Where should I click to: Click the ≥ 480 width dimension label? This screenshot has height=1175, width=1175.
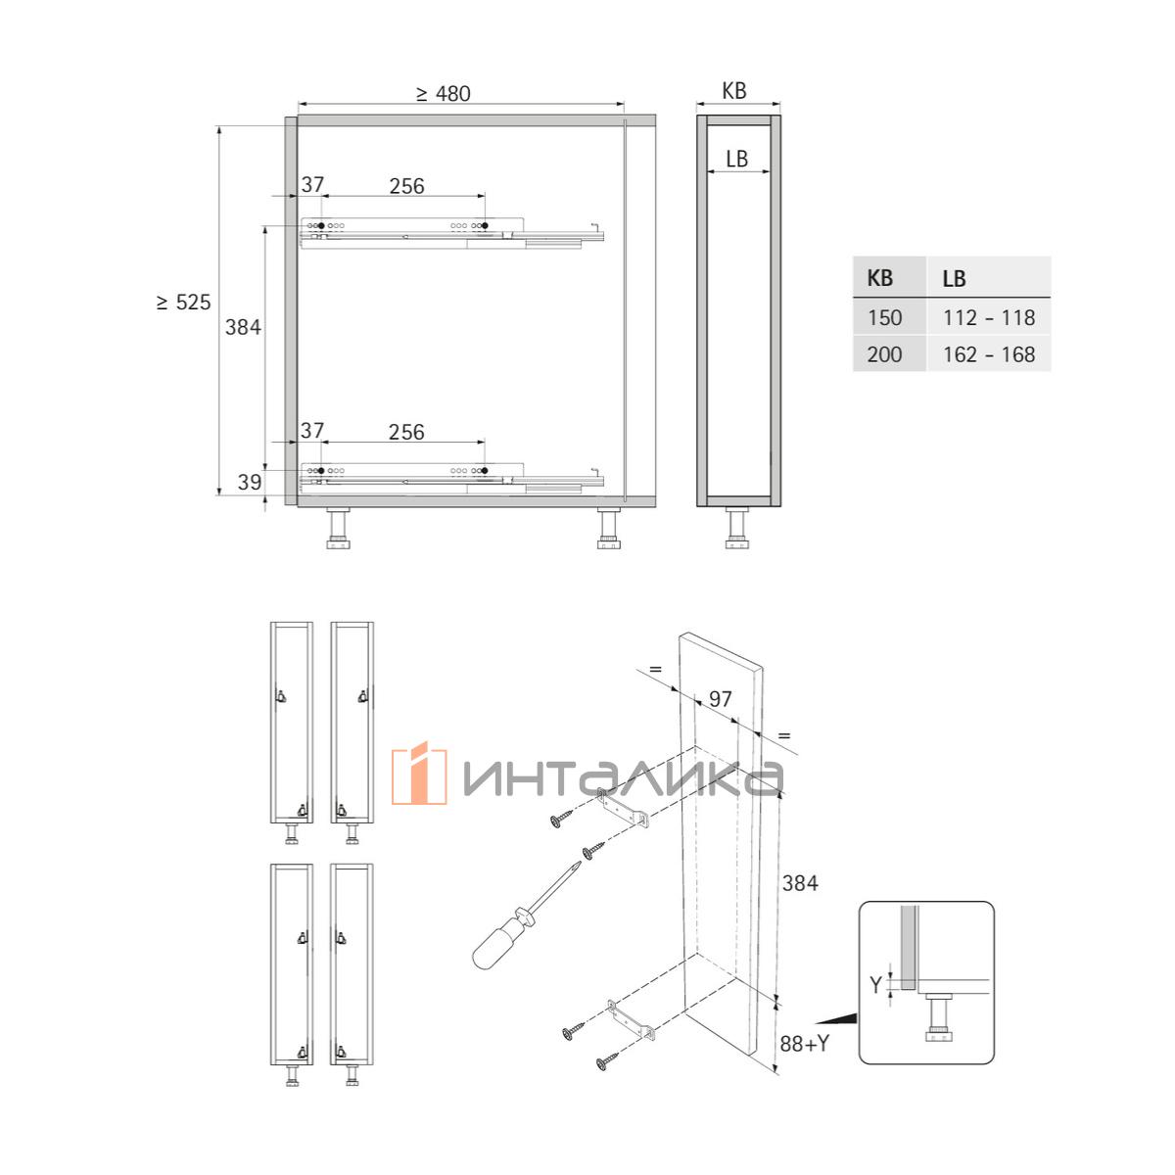444,94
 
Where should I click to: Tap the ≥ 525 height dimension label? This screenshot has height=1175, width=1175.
183,303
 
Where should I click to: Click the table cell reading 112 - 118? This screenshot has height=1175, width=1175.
989,317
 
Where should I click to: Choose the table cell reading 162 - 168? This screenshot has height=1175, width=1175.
989,354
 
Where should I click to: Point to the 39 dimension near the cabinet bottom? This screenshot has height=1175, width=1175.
250,483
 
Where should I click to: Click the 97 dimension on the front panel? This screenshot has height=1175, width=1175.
720,699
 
